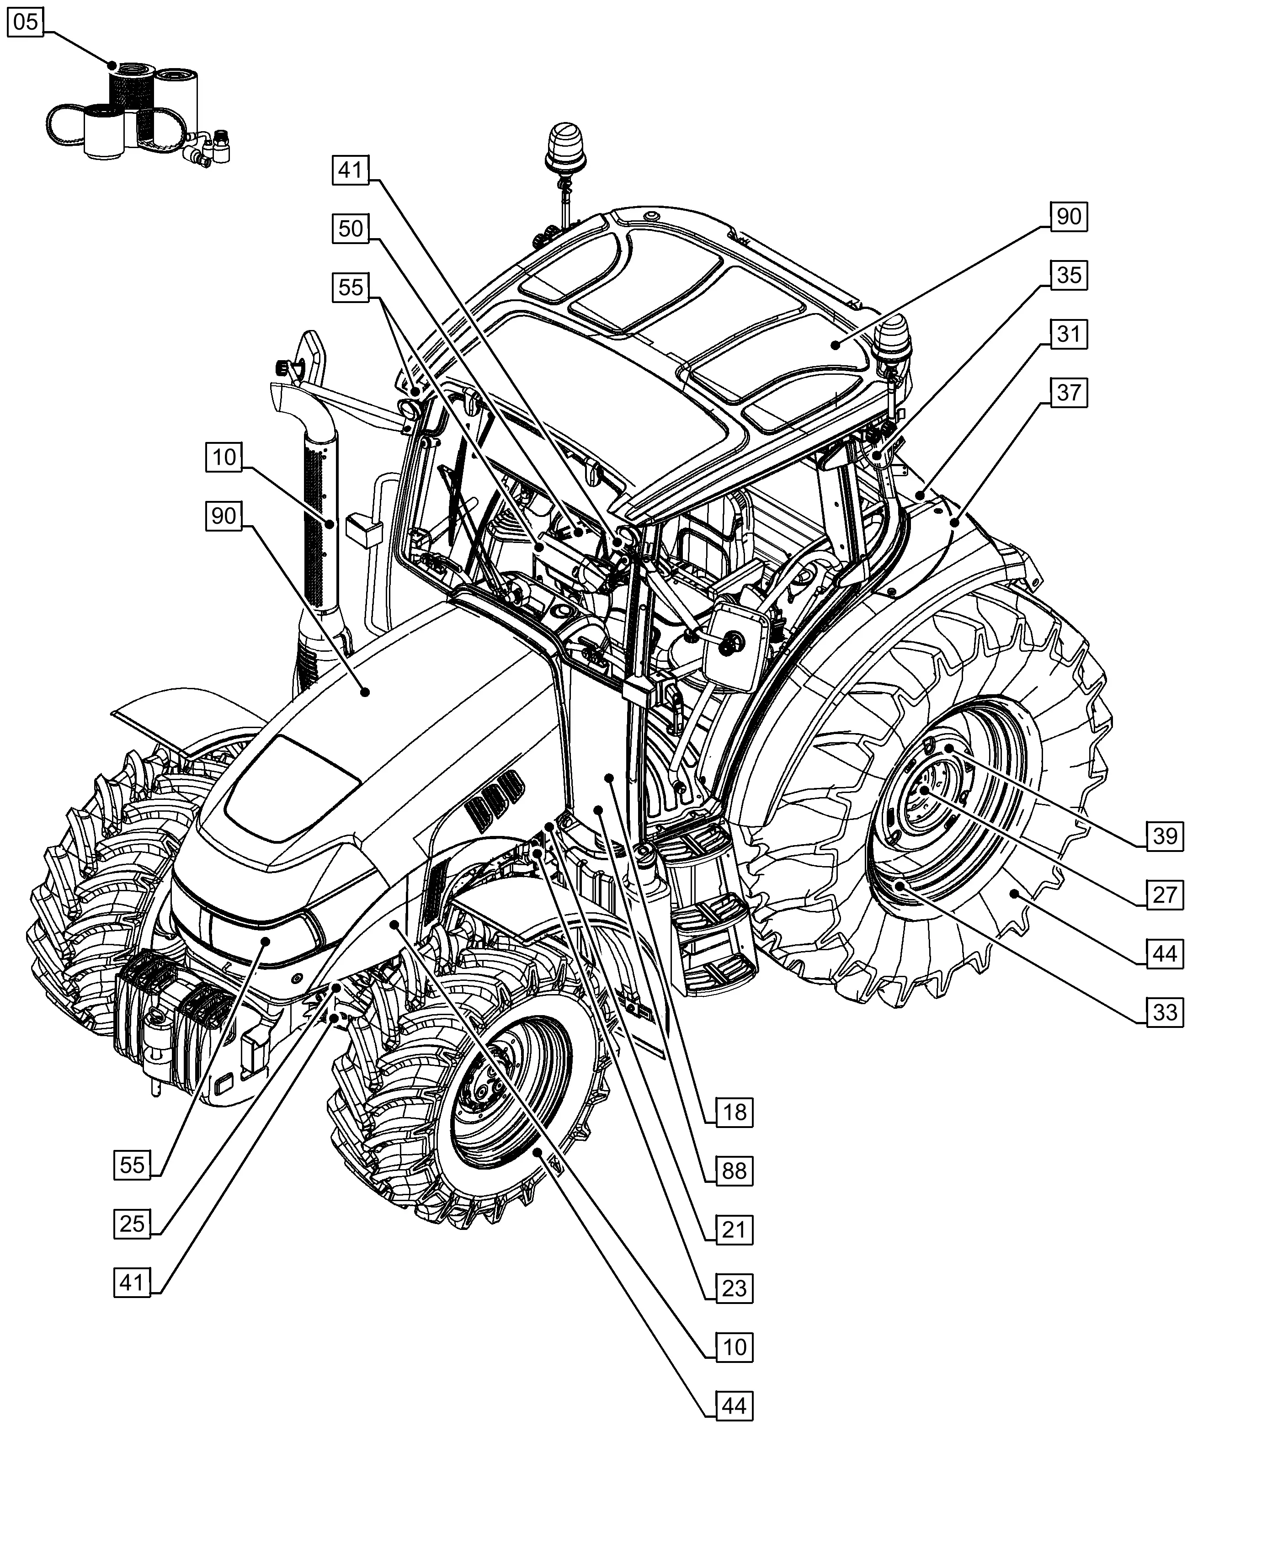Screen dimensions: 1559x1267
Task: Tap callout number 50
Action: (350, 229)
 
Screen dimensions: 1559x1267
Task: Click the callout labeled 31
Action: (1069, 334)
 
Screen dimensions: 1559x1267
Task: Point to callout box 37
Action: (1069, 392)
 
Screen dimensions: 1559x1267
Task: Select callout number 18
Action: (734, 1112)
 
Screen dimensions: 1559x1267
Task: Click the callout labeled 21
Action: (734, 1230)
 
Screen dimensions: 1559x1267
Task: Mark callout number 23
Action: (734, 1288)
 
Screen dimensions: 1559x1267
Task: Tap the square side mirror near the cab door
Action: (734, 646)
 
